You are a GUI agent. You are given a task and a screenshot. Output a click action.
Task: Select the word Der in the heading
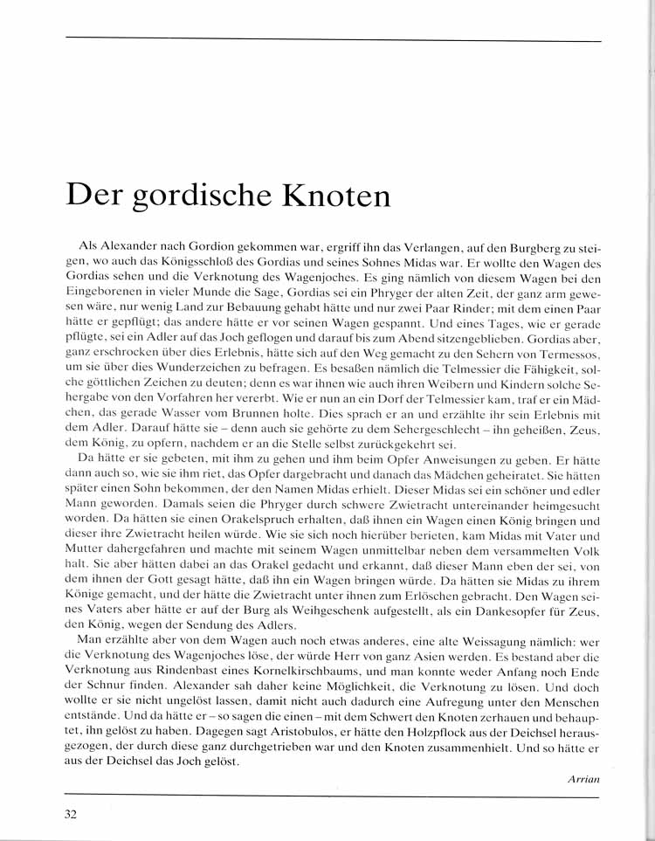93,193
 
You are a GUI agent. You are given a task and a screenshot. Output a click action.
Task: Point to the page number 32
72,816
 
